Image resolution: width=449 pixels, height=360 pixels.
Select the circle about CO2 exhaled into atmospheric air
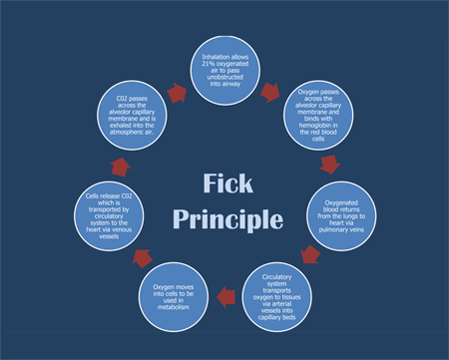pos(136,115)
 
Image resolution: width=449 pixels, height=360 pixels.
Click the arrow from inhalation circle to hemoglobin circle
pos(269,93)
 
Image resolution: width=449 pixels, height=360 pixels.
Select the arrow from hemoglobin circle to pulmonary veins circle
pos(330,163)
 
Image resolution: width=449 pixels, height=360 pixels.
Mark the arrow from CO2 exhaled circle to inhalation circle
pos(178,93)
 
